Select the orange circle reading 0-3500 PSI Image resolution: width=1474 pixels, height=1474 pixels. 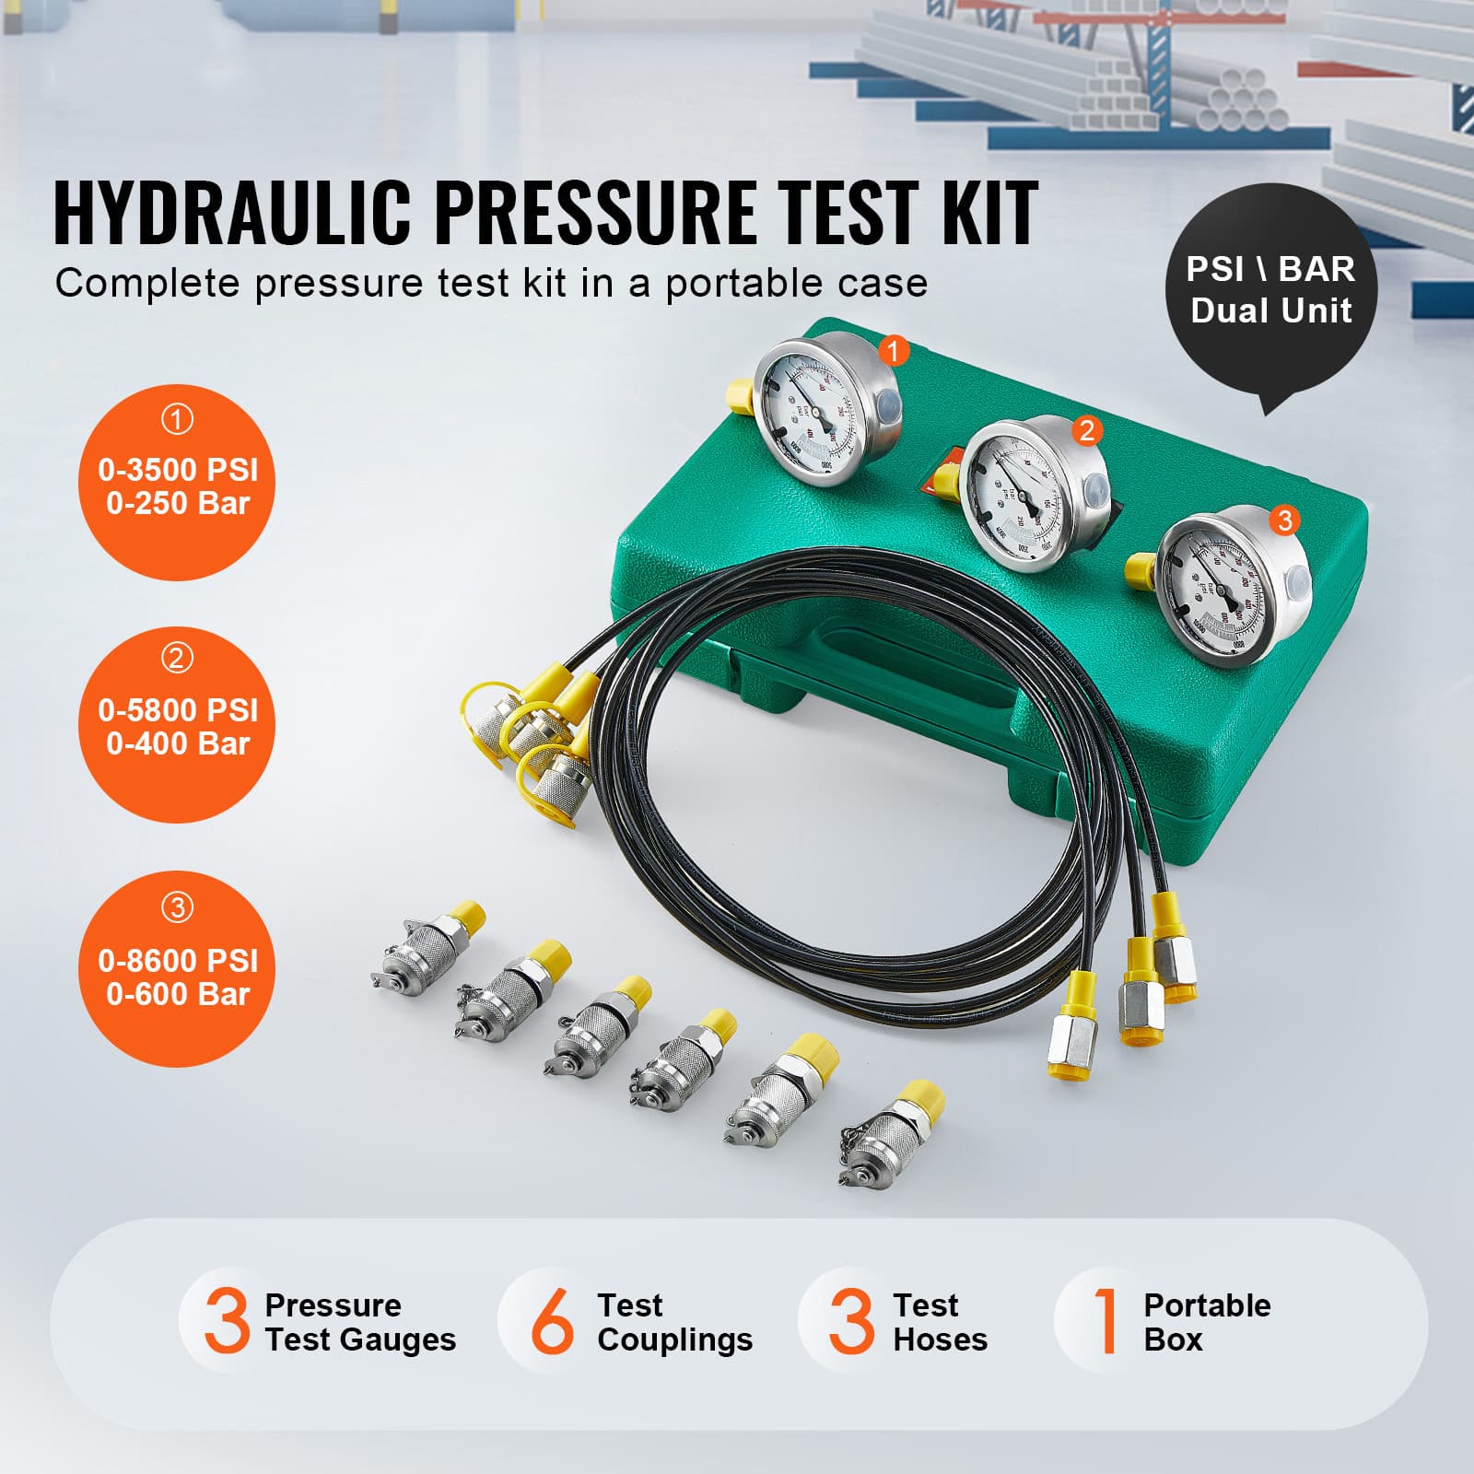[x=177, y=483]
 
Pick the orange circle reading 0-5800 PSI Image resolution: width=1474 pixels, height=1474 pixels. [x=177, y=725]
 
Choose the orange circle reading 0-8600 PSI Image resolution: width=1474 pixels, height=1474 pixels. [x=177, y=970]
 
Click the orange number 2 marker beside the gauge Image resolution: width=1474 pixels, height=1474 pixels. [x=1087, y=430]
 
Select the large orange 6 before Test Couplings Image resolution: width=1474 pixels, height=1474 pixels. [x=553, y=1321]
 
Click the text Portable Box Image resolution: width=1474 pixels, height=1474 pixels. [x=1206, y=1322]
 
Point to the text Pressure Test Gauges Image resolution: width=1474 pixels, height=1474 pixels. [x=359, y=1322]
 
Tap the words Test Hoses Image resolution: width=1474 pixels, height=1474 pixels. [x=939, y=1322]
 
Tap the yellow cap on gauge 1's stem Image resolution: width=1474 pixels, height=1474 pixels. [x=739, y=396]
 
